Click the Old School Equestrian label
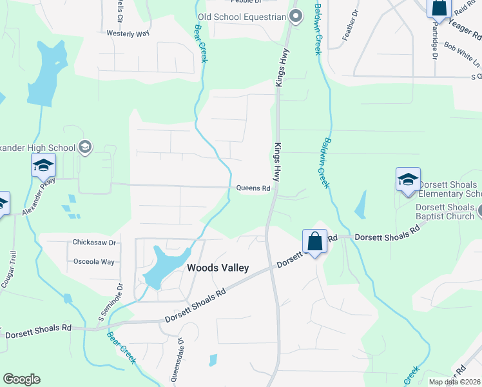coord(242,17)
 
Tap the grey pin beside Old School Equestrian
coord(295,16)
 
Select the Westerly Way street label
coord(128,33)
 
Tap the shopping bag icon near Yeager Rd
coord(439,8)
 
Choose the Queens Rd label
coord(253,188)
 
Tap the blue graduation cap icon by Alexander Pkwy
coord(43,166)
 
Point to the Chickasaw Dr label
coord(94,243)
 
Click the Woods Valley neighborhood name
coord(217,268)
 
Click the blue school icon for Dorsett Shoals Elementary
coord(408,180)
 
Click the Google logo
coord(21,379)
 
